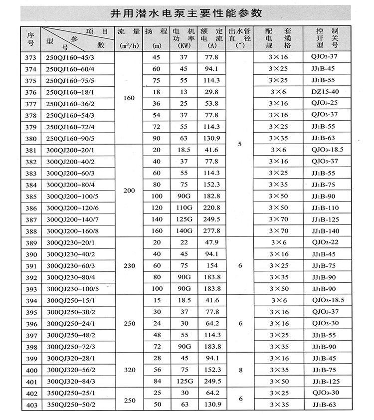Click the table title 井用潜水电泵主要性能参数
pos(187,12)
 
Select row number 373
pos(30,58)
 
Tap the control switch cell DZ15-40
pos(324,92)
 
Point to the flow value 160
pos(129,98)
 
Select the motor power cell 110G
pos(183,208)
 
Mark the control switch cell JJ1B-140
pos(324,231)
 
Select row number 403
pos(30,405)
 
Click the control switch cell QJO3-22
pos(324,242)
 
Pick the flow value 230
pos(129,265)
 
